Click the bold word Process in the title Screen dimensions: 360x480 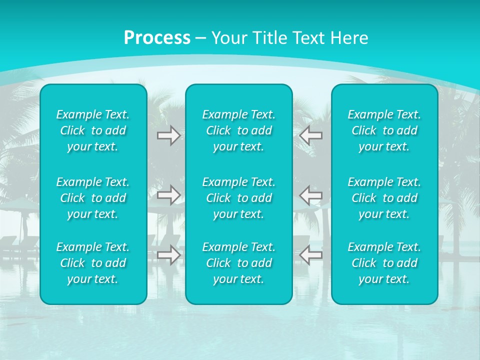pos(157,38)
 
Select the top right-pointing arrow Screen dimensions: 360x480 pos(168,135)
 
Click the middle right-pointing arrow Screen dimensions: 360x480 pos(168,195)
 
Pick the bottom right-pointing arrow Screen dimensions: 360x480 pos(168,255)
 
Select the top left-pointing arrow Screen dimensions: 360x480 pos(310,135)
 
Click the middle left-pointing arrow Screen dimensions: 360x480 pos(310,195)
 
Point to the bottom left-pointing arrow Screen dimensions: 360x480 pos(310,255)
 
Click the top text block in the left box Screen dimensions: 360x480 pos(93,130)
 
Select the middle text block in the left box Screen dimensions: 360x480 pos(93,198)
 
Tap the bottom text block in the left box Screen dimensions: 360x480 pos(93,263)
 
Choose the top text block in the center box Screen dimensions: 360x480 pos(239,130)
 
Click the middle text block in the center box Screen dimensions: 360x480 pos(239,198)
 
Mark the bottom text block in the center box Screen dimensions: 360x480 pos(239,263)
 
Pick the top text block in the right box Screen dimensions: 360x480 pos(384,130)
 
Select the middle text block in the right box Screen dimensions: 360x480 pos(384,198)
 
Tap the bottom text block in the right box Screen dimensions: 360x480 pos(384,263)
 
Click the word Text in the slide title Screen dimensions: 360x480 pos(306,38)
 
